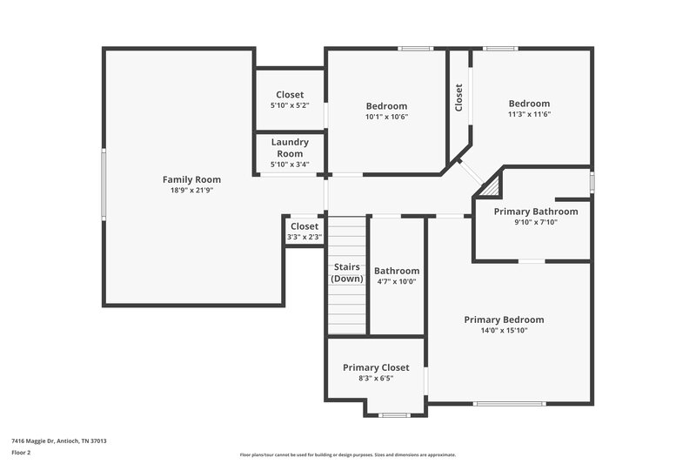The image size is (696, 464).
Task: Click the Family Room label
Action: point(191,179)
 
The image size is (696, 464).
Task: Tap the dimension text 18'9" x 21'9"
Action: point(191,190)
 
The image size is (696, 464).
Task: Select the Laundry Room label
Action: point(290,147)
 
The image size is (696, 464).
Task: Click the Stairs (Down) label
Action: point(347,272)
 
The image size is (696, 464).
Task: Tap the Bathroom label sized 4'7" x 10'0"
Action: point(397,271)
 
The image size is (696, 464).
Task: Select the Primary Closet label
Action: point(376,367)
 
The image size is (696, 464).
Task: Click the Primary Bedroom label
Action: point(504,319)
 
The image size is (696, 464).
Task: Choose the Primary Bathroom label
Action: point(535,212)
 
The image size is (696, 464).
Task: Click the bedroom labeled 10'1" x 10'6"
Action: point(386,106)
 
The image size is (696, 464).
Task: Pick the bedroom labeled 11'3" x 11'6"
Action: point(529,103)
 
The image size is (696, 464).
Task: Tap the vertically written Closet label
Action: point(458,97)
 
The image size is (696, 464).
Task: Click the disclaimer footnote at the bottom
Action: point(348,454)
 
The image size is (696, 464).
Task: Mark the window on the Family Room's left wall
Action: point(104,184)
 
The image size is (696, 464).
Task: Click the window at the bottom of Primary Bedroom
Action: point(510,403)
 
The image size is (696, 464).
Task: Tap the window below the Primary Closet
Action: point(395,415)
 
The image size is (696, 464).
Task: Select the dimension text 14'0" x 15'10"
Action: point(504,330)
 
